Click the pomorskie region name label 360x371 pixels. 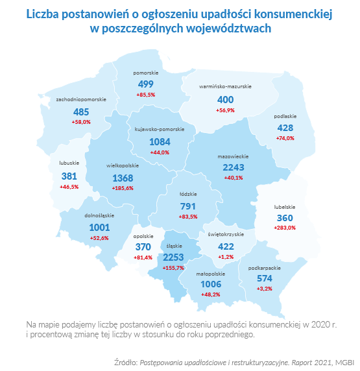tap(145, 73)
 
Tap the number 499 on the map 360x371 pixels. tap(145, 84)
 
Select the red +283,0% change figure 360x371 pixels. tap(285, 228)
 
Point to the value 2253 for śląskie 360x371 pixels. tap(173, 257)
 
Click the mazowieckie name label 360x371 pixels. tap(233, 156)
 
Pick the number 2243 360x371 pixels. tap(234, 167)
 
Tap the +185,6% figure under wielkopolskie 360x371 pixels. tap(123, 188)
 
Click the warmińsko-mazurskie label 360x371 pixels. tap(225, 87)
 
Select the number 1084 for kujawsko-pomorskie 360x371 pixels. tap(160, 142)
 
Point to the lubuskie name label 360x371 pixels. tap(69, 163)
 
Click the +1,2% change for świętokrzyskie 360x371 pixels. tap(226, 257)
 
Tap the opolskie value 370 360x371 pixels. tap(143, 247)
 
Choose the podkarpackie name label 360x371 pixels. tap(265, 268)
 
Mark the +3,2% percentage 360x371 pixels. tap(265, 289)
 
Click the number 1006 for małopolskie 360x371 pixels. tap(211, 284)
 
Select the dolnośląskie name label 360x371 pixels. tap(99, 215)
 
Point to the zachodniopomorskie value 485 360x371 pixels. tap(81, 112)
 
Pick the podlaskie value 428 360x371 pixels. tap(285, 128)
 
